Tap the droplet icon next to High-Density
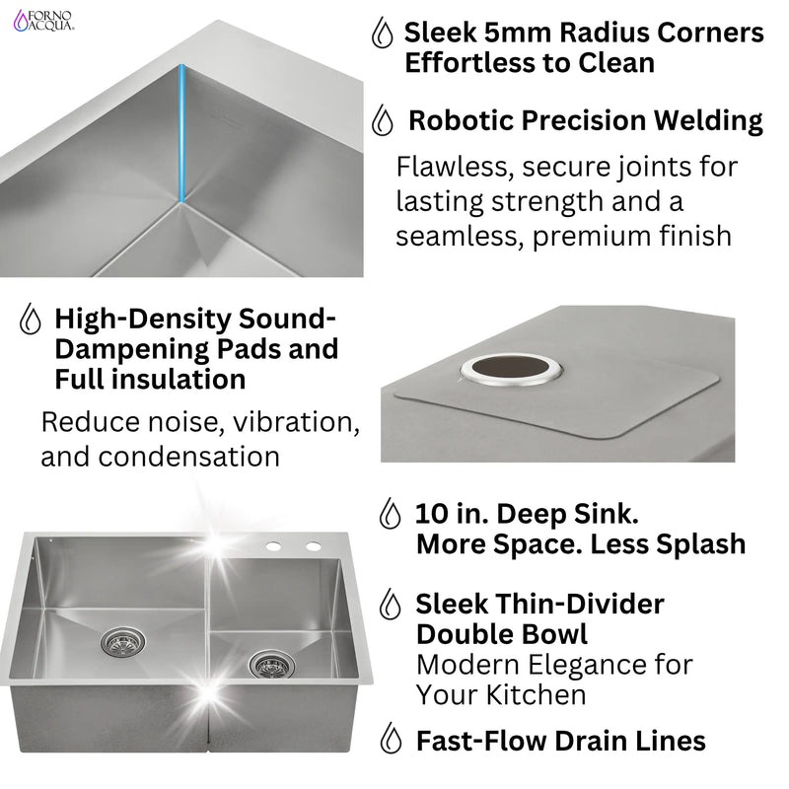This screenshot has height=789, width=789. pos(32,320)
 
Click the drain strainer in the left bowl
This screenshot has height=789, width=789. pos(122,642)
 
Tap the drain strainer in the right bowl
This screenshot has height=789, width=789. pos(268,665)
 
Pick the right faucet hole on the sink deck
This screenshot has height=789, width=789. pos(313,546)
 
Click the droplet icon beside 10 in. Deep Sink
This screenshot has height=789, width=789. pos(392,515)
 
